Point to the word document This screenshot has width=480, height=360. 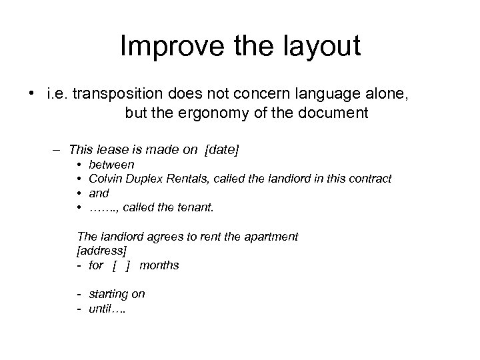pyautogui.click(x=332, y=113)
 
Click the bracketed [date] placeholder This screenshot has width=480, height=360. pyautogui.click(x=222, y=151)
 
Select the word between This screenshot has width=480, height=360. pyautogui.click(x=111, y=164)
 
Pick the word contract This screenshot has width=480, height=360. pyautogui.click(x=370, y=179)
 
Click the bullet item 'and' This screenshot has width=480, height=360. pyautogui.click(x=99, y=193)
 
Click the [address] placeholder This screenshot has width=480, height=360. pyautogui.click(x=101, y=251)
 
